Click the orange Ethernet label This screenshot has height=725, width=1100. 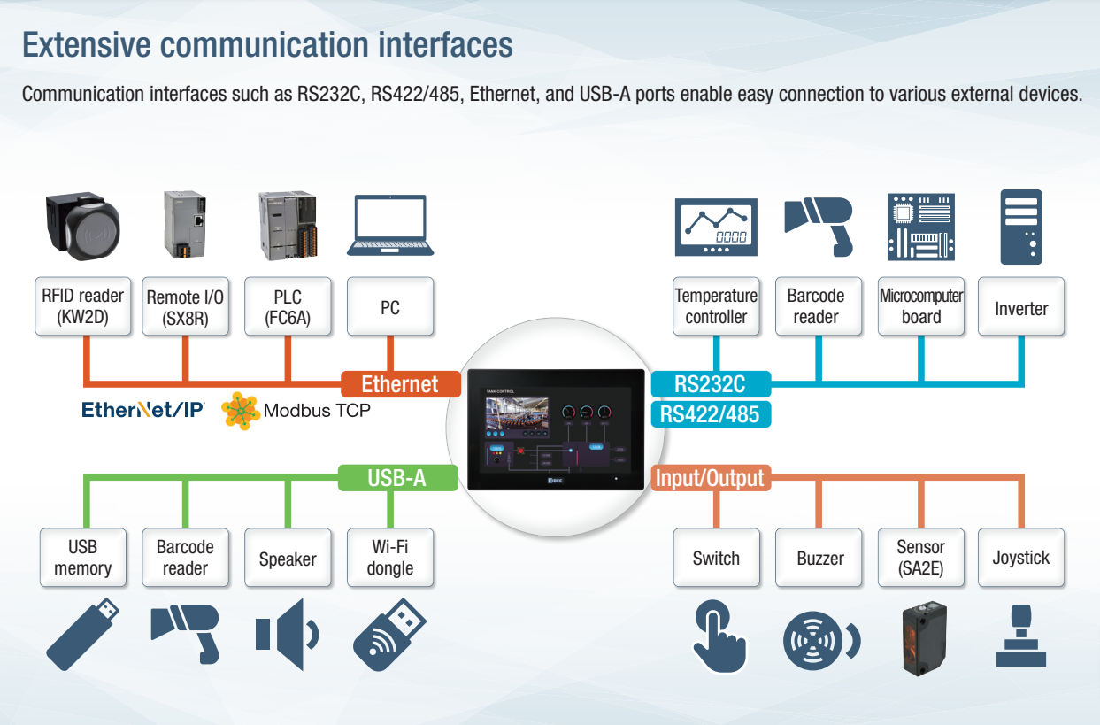(401, 384)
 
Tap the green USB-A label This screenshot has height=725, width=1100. (397, 478)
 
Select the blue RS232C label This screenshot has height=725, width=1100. (710, 384)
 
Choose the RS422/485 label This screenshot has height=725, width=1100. (710, 413)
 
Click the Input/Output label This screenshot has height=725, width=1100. (709, 478)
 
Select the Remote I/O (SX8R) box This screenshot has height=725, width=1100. (185, 307)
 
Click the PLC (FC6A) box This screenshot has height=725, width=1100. (288, 306)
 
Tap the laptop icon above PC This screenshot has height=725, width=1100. (390, 227)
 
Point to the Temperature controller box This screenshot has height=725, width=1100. (716, 306)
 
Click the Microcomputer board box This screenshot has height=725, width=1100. (921, 306)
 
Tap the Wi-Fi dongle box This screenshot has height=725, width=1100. (390, 558)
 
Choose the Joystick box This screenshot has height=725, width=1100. (1021, 558)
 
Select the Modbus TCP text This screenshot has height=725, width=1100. (317, 411)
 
